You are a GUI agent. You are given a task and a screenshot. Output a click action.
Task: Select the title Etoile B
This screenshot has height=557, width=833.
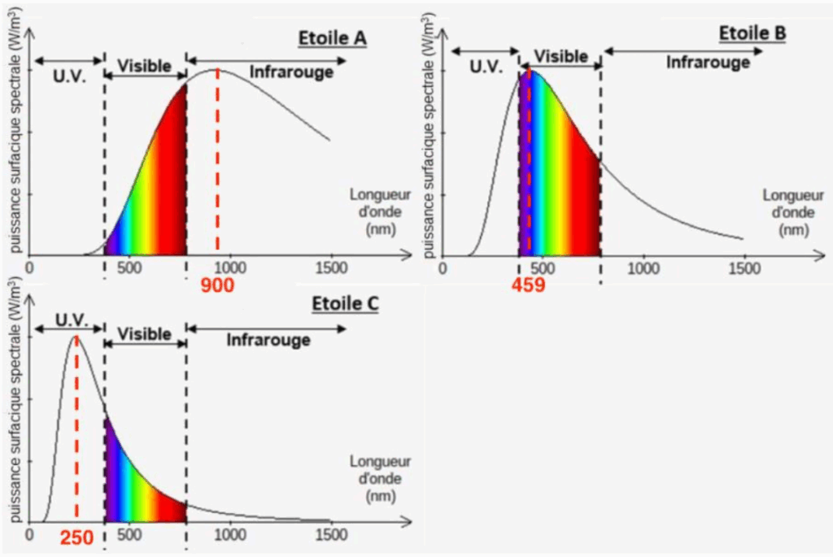pyautogui.click(x=752, y=33)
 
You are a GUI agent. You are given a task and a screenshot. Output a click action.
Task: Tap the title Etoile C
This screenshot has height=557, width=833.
pyautogui.click(x=346, y=304)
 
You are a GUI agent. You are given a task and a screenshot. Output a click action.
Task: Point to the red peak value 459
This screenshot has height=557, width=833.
pyautogui.click(x=528, y=285)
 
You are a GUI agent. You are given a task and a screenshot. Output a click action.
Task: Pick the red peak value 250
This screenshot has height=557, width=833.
pyautogui.click(x=76, y=538)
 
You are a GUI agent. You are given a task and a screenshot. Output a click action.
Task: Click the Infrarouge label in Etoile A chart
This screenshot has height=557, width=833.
pyautogui.click(x=291, y=72)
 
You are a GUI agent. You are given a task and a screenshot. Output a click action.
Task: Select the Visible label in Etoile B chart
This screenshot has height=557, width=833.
pyautogui.click(x=560, y=56)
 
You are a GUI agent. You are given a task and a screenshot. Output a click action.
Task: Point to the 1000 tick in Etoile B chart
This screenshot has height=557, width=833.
pyautogui.click(x=644, y=267)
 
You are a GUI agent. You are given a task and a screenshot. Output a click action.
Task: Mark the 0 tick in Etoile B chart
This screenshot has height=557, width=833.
pyautogui.click(x=443, y=267)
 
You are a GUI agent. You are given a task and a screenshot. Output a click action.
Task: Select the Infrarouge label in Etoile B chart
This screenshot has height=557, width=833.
pyautogui.click(x=708, y=62)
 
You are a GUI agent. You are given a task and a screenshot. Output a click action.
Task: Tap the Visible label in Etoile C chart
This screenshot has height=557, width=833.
pyautogui.click(x=145, y=334)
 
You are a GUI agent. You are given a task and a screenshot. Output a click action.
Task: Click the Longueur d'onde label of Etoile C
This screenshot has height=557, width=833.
pyautogui.click(x=376, y=479)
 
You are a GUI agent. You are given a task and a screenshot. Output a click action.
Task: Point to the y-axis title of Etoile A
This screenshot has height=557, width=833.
pyautogui.click(x=14, y=146)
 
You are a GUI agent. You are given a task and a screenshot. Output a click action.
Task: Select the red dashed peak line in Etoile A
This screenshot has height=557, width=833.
pyautogui.click(x=218, y=163)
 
